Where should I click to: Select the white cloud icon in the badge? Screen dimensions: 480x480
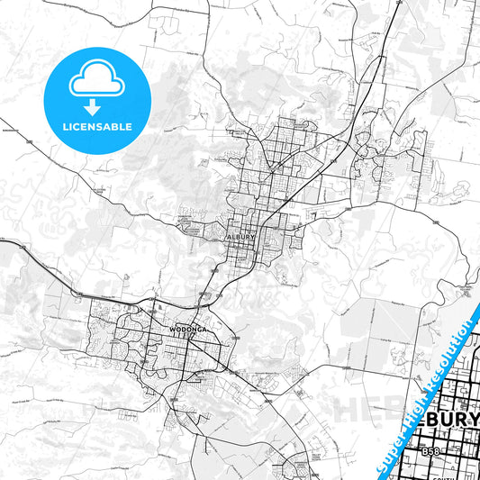click(x=95, y=79)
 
